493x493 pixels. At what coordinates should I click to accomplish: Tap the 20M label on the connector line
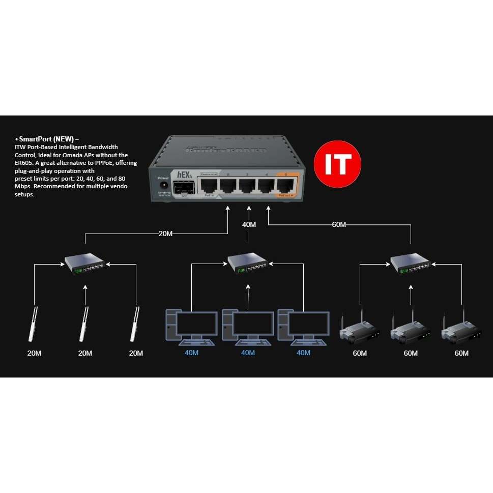point(165,234)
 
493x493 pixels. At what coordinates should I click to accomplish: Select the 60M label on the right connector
point(339,224)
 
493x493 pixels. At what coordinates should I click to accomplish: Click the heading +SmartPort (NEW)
point(47,139)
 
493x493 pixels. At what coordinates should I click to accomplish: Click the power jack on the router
point(164,187)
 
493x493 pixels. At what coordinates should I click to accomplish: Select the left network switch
point(85,263)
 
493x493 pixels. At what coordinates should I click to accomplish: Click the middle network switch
point(248,263)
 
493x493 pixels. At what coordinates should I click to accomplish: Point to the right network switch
point(411,263)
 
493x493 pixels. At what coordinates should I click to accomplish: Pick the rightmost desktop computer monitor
point(308,324)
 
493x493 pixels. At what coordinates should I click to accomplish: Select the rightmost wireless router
point(461,330)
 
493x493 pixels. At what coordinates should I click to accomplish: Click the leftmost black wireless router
point(359,330)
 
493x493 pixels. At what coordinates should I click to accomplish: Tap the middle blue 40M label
point(248,353)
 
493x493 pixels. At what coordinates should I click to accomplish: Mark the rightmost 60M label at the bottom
point(461,353)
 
